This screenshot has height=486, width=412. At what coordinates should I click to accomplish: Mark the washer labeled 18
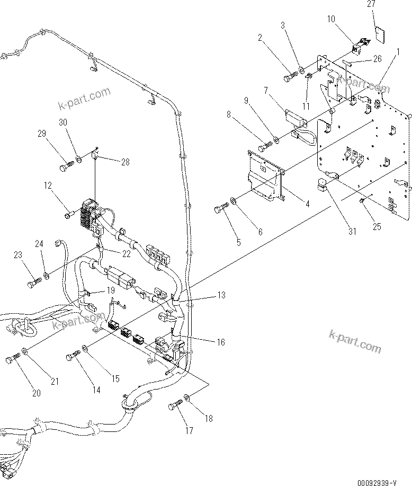(x=186, y=397)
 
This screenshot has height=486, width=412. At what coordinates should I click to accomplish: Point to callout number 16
(x=219, y=343)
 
